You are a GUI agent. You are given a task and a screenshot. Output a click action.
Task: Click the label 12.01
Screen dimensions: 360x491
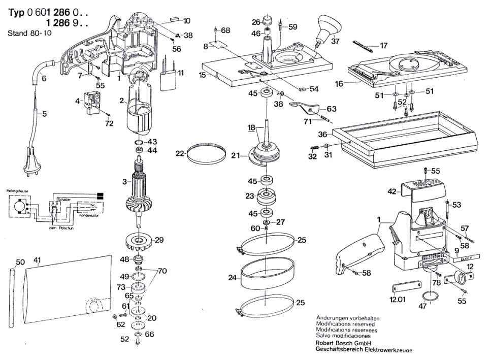click(398, 300)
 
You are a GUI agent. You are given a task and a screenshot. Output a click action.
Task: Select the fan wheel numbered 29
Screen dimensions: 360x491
click(139, 241)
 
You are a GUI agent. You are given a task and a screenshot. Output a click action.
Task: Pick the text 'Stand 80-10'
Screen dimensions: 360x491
click(28, 34)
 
